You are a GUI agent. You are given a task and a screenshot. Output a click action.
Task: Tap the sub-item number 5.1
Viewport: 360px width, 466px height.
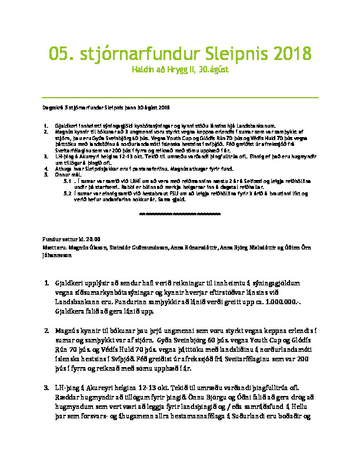(67, 182)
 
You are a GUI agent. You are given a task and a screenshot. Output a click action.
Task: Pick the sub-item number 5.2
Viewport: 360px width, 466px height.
(67, 193)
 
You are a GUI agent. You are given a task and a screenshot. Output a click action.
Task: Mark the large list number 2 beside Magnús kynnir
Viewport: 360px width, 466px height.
(47, 332)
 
